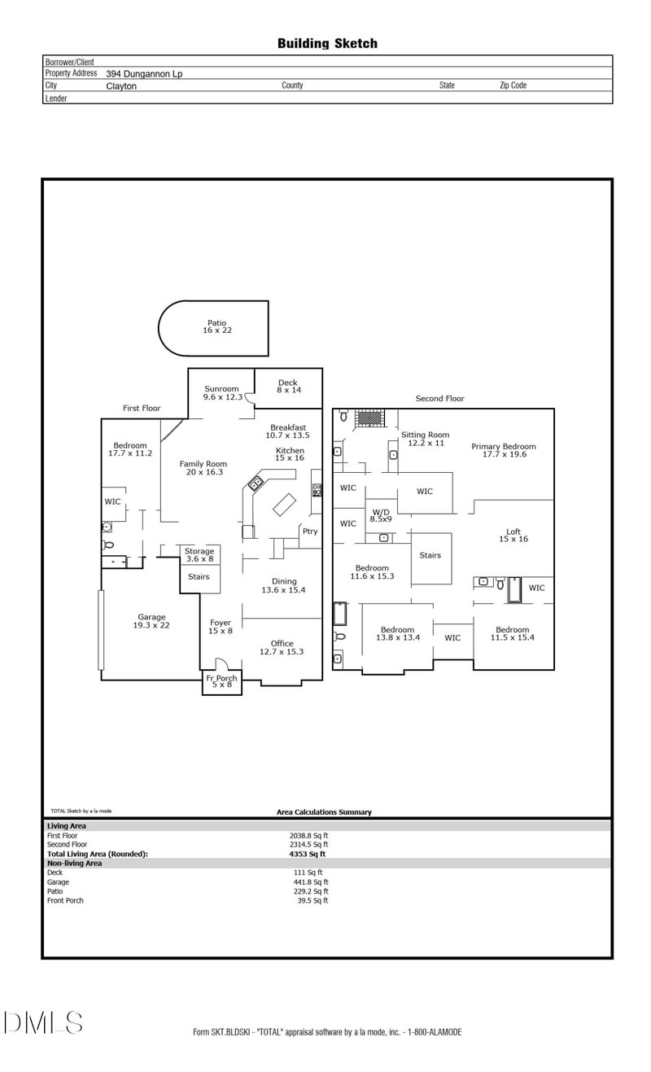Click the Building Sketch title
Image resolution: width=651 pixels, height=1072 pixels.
point(327,43)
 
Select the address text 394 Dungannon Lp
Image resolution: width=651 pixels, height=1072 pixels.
point(144,73)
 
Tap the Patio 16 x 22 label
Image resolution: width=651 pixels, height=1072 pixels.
point(216,326)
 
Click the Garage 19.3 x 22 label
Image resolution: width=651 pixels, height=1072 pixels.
point(151,621)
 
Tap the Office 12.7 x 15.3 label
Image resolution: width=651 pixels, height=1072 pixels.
point(282,647)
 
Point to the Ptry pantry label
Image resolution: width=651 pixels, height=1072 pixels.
point(309,532)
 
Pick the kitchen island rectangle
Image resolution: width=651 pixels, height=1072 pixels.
point(284,505)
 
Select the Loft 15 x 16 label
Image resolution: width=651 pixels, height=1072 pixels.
point(513,534)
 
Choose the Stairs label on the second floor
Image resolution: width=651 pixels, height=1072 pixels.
point(430,555)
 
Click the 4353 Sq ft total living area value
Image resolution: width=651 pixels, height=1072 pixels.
point(307,854)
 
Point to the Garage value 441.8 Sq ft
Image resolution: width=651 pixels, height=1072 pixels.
point(312,882)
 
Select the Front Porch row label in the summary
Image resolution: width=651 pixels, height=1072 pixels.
point(65,900)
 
